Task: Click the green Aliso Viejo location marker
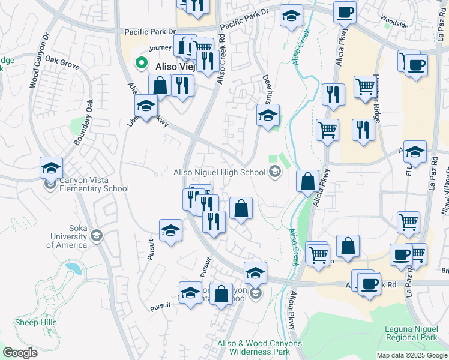click(x=142, y=62)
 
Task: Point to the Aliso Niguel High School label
click(x=219, y=173)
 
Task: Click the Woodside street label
click(x=394, y=25)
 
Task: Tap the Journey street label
click(x=160, y=48)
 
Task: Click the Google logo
click(x=20, y=353)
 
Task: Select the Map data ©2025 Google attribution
click(x=412, y=355)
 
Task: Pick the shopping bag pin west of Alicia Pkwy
click(x=307, y=181)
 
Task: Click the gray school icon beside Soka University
click(x=96, y=236)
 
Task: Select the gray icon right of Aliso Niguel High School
click(x=276, y=173)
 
